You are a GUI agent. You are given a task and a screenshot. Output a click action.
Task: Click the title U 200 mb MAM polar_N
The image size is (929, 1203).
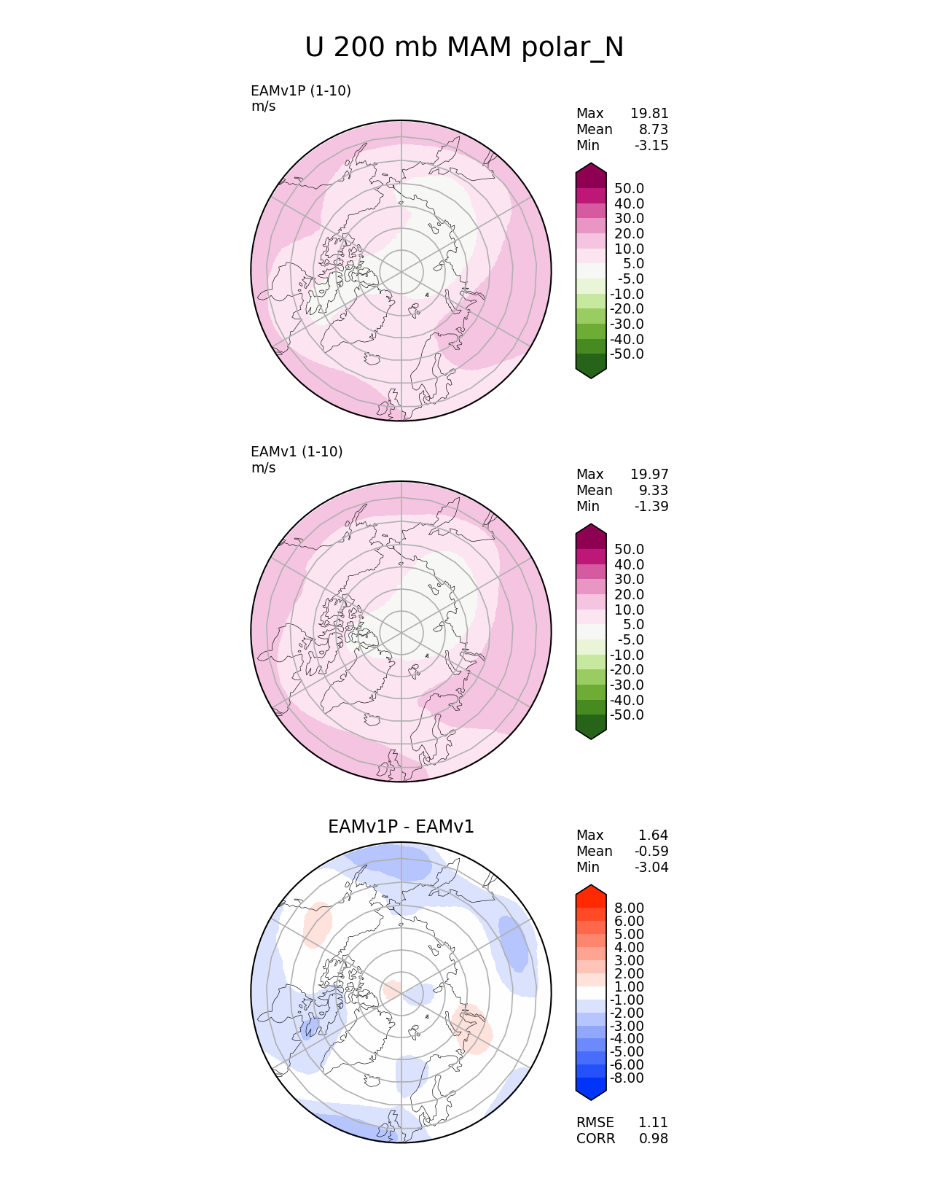pyautogui.click(x=464, y=47)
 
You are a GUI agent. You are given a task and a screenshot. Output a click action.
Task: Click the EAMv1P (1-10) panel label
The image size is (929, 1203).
pyautogui.click(x=300, y=90)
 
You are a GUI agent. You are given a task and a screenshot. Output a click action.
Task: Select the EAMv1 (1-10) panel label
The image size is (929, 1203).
pyautogui.click(x=297, y=451)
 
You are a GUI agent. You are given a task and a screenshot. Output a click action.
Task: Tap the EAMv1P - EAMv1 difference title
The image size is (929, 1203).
pyautogui.click(x=401, y=827)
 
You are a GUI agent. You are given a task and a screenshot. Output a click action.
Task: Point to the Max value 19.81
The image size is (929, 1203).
pyautogui.click(x=649, y=113)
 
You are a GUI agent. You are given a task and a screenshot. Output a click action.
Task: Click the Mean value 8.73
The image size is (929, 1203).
pyautogui.click(x=654, y=129)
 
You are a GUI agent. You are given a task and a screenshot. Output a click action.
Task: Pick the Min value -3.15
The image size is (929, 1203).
pyautogui.click(x=651, y=145)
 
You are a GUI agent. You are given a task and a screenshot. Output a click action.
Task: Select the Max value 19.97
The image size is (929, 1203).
pyautogui.click(x=649, y=474)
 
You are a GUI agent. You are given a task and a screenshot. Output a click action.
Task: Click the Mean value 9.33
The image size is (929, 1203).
pyautogui.click(x=654, y=490)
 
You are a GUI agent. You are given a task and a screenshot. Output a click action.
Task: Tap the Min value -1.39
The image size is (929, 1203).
pyautogui.click(x=651, y=506)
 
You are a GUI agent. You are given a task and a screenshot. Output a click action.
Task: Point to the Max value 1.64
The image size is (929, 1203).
pyautogui.click(x=654, y=835)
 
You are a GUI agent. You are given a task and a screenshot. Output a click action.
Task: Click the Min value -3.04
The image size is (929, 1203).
pyautogui.click(x=651, y=867)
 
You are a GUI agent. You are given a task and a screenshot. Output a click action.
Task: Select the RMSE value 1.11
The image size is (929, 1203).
pyautogui.click(x=654, y=1122)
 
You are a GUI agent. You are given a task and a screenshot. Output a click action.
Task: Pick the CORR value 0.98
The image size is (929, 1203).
pyautogui.click(x=654, y=1138)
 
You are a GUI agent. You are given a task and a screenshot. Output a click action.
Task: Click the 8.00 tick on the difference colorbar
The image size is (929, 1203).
pyautogui.click(x=629, y=908)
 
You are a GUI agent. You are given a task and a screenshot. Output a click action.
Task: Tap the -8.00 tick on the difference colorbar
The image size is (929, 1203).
pyautogui.click(x=627, y=1078)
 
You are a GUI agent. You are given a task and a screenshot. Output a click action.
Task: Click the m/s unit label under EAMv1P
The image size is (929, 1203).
pyautogui.click(x=263, y=106)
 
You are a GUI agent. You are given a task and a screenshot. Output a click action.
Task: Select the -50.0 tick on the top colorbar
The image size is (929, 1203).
pyautogui.click(x=627, y=354)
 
